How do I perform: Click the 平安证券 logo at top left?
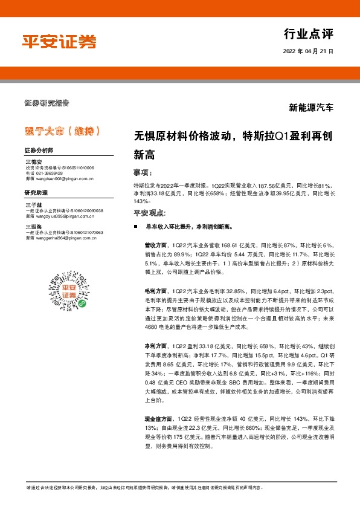tap(59, 41)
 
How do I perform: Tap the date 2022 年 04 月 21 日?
tap(308, 53)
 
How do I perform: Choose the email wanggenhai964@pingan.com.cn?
tap(63, 238)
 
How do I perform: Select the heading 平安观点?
tap(149, 213)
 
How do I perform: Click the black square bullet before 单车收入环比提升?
tap(136, 226)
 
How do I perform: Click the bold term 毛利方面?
tap(155, 291)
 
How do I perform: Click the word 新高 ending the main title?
tap(144, 154)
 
